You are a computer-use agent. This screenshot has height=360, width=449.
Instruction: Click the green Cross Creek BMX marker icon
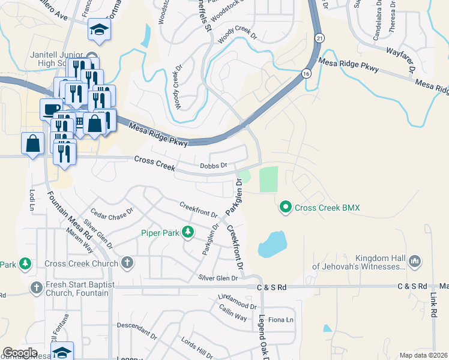pyautogui.click(x=286, y=208)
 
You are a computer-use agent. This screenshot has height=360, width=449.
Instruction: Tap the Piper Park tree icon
pyautogui.click(x=187, y=232)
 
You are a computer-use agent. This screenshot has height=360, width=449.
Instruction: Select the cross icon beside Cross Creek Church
pyautogui.click(x=127, y=262)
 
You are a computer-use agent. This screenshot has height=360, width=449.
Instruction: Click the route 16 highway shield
pyautogui.click(x=306, y=73)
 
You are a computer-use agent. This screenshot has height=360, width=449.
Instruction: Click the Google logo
pyautogui.click(x=19, y=353)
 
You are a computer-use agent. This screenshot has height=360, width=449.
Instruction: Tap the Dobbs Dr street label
pyautogui.click(x=214, y=166)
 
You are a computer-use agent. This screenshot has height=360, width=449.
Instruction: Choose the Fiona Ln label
pyautogui.click(x=280, y=320)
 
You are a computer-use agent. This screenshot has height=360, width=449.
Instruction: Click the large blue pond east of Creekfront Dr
pyautogui.click(x=271, y=244)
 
